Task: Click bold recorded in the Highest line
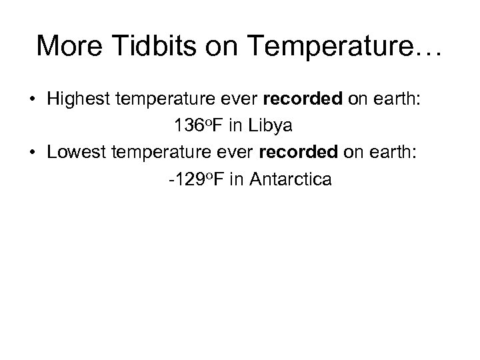click(297, 99)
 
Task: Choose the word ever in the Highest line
click(241, 99)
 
